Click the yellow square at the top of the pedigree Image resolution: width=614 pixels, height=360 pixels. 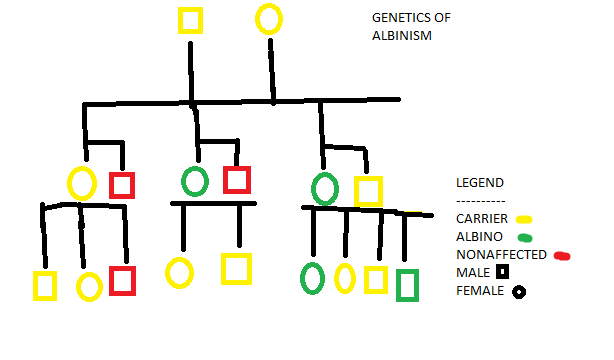(x=180, y=20)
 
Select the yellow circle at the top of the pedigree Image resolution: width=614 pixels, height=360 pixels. (x=257, y=20)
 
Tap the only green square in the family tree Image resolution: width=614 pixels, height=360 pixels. (x=398, y=285)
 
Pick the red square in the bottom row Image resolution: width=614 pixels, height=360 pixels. (x=111, y=280)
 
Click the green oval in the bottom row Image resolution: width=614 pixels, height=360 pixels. (x=302, y=279)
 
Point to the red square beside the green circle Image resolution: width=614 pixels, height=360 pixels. (x=225, y=180)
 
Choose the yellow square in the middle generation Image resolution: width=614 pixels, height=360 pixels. (x=356, y=192)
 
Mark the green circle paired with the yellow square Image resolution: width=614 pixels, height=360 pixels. (x=313, y=189)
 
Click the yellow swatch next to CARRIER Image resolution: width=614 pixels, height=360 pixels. (x=524, y=219)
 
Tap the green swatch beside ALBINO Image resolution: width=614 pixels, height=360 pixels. (x=525, y=238)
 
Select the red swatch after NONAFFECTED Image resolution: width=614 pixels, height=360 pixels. (x=562, y=256)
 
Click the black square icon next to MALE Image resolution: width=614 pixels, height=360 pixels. (x=502, y=271)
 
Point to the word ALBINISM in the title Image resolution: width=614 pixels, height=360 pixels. (x=402, y=36)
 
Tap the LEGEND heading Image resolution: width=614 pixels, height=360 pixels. (x=480, y=183)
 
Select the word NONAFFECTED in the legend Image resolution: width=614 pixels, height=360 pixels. (x=501, y=255)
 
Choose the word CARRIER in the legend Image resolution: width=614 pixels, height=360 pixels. (x=482, y=219)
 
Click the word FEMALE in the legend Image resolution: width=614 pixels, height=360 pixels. (x=480, y=291)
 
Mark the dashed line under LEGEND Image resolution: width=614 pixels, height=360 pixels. (x=481, y=202)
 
